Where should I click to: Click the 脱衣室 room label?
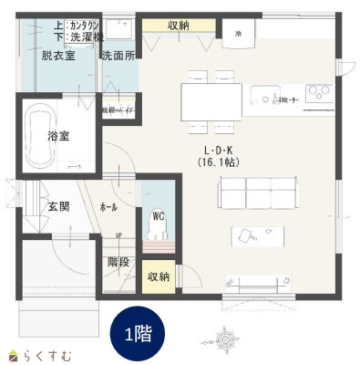pyautogui.click(x=57, y=56)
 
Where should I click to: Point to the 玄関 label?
pyautogui.click(x=59, y=206)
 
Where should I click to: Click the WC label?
pyautogui.click(x=158, y=216)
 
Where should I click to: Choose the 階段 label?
pyautogui.click(x=118, y=262)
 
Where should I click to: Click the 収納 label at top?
pyautogui.click(x=179, y=25)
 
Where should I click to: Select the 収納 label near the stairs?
pyautogui.click(x=159, y=276)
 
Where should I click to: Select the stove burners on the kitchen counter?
pyautogui.click(x=320, y=93)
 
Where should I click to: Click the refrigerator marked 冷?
pyautogui.click(x=239, y=34)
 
